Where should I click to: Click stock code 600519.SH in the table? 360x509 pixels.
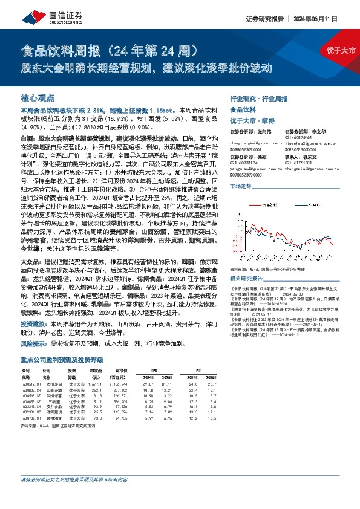[x=31, y=400]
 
